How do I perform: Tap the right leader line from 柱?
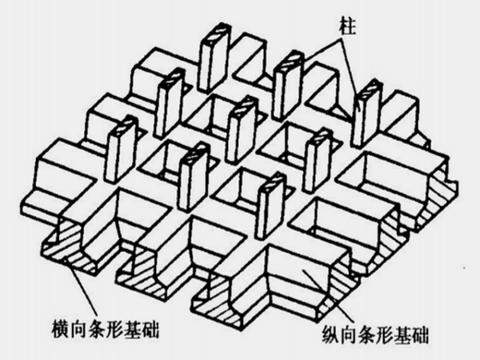tap(351, 76)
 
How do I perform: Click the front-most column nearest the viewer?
tap(268, 202)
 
